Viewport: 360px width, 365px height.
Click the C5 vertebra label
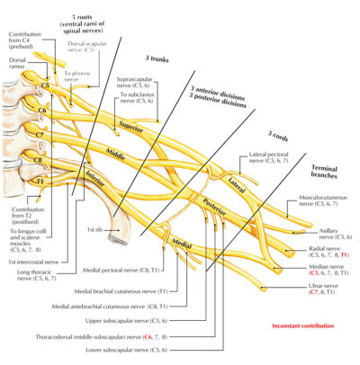pyautogui.click(x=44, y=86)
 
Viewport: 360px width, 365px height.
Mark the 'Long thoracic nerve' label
pyautogui.click(x=40, y=274)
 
